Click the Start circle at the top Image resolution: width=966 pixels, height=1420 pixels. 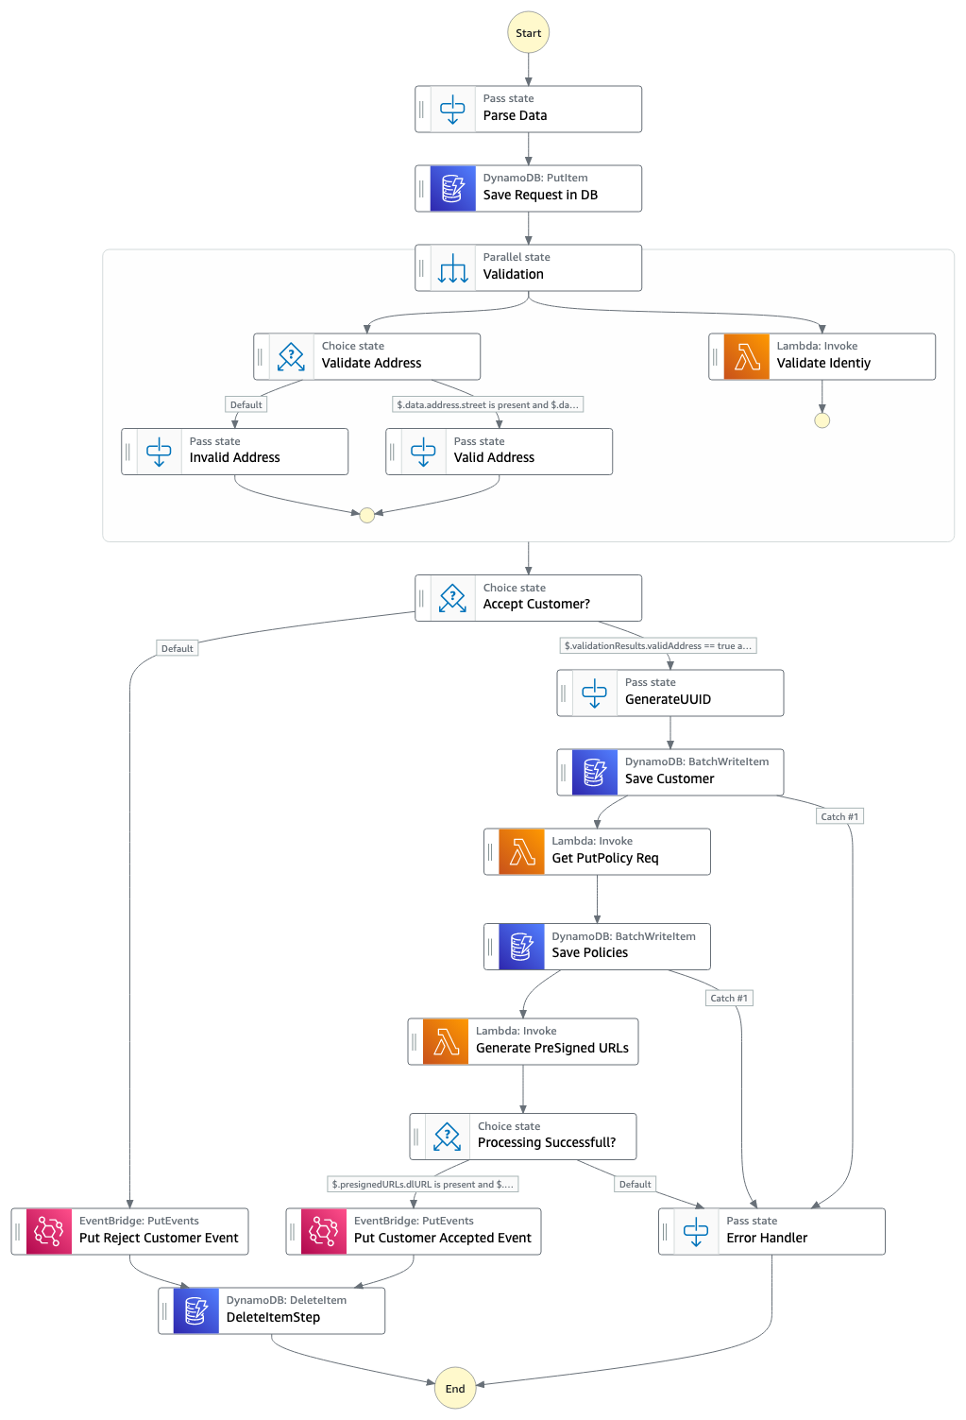pyautogui.click(x=528, y=33)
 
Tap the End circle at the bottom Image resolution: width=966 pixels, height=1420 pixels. pyautogui.click(x=454, y=1388)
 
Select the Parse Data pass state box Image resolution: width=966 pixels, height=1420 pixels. pyautogui.click(x=528, y=109)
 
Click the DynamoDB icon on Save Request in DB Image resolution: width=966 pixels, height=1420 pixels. pyautogui.click(x=452, y=188)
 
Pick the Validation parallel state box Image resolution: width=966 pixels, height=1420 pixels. pyautogui.click(x=528, y=267)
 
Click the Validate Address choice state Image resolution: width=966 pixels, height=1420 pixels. pyautogui.click(x=366, y=356)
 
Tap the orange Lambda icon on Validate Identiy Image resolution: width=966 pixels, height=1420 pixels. pyautogui.click(x=746, y=356)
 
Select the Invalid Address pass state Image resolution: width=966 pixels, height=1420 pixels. pyautogui.click(x=234, y=452)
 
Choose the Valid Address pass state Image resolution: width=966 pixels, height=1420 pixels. pyautogui.click(x=499, y=452)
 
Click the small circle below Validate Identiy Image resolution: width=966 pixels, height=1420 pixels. pyautogui.click(x=822, y=420)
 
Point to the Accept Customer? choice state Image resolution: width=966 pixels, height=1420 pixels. pyautogui.click(x=528, y=598)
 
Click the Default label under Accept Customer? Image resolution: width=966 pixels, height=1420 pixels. pyautogui.click(x=177, y=648)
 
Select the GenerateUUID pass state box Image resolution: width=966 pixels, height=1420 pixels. pyautogui.click(x=669, y=693)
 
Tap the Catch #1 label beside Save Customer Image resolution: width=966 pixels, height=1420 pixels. pyautogui.click(x=839, y=816)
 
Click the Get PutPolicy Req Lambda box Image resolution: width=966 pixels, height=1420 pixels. pyautogui.click(x=597, y=851)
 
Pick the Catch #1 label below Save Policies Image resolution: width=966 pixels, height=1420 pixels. pyautogui.click(x=729, y=998)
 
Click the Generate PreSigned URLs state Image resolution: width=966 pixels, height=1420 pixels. pyautogui.click(x=523, y=1041)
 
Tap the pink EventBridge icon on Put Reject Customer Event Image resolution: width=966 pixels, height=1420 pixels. pyautogui.click(x=48, y=1231)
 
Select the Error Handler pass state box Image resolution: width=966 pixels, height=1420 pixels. pyautogui.click(x=771, y=1231)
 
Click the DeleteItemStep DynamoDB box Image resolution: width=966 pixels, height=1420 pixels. pyautogui.click(x=272, y=1310)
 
